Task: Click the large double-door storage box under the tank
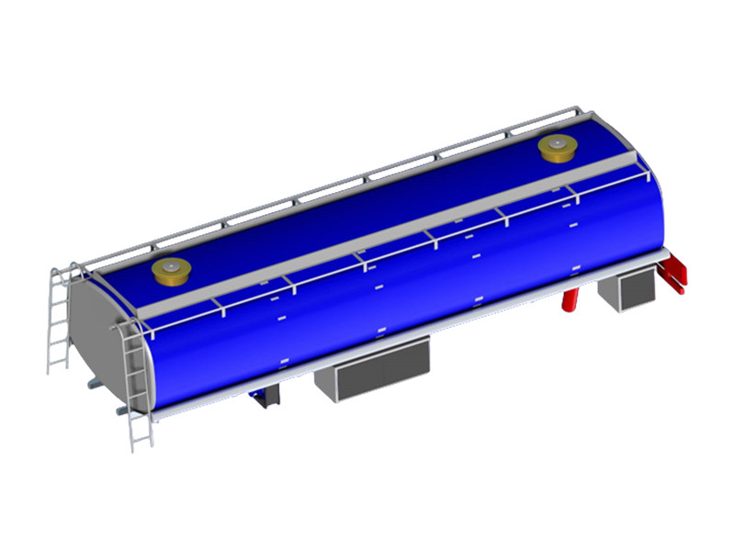[372, 371]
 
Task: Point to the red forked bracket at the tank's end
[678, 275]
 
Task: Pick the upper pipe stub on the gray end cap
[92, 382]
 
